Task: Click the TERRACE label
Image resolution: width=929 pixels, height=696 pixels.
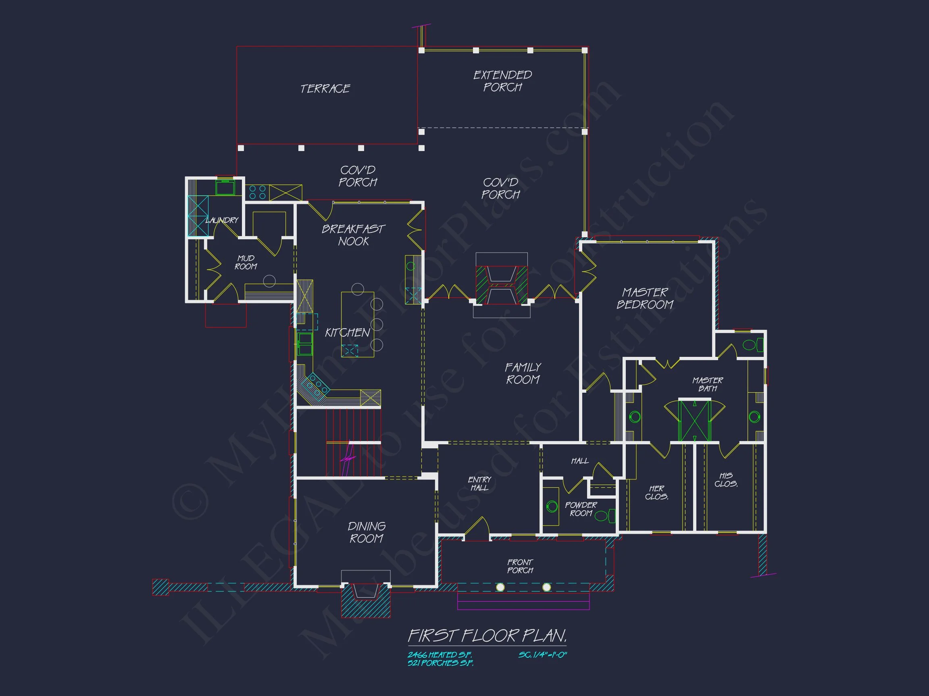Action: click(x=325, y=89)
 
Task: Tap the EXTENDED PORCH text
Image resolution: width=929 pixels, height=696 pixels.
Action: click(x=502, y=81)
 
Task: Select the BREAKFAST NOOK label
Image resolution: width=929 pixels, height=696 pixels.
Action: click(x=353, y=235)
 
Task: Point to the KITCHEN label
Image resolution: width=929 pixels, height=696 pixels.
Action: click(x=347, y=333)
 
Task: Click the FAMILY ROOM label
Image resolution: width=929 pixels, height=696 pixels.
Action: click(x=523, y=373)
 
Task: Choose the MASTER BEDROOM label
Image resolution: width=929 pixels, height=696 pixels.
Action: click(x=645, y=298)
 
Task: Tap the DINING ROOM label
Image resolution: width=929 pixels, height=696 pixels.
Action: click(x=367, y=532)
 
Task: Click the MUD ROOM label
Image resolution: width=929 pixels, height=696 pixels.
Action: click(x=246, y=262)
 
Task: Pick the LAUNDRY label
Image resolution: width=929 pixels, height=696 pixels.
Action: click(x=222, y=220)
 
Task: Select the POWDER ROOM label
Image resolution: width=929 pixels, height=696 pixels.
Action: click(x=581, y=509)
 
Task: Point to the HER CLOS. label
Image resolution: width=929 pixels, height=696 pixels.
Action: click(x=656, y=493)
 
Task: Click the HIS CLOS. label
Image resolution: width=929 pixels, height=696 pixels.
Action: click(x=726, y=480)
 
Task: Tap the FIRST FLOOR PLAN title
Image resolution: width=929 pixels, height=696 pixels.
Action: click(x=487, y=636)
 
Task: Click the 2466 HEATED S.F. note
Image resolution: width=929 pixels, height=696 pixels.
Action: click(x=440, y=655)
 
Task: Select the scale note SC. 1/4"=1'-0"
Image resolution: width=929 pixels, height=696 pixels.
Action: click(x=543, y=655)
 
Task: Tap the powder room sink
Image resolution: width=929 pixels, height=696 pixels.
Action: click(x=552, y=506)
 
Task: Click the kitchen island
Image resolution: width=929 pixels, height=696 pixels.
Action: click(x=357, y=324)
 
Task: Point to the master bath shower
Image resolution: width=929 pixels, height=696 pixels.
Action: click(x=695, y=421)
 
